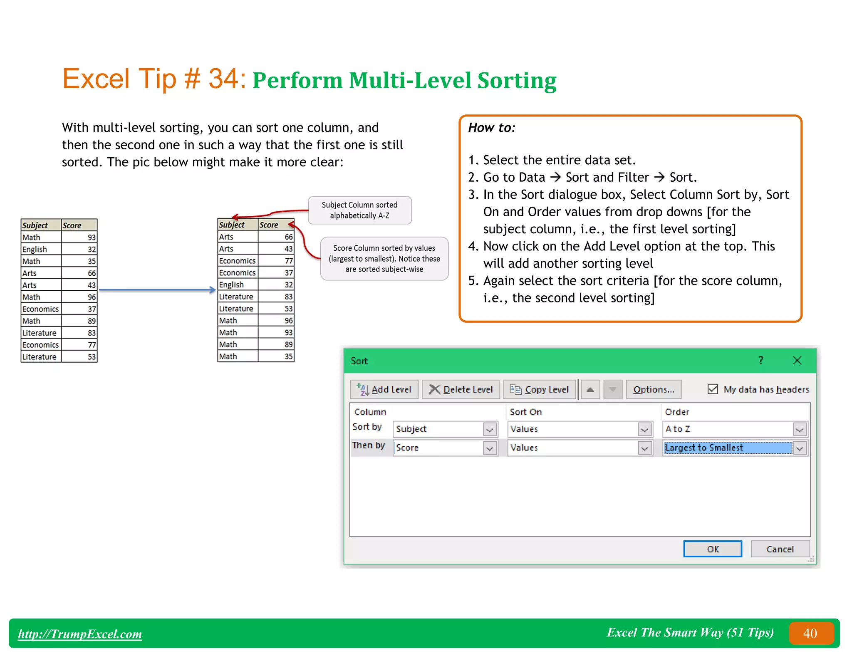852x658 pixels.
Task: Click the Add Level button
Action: [384, 389]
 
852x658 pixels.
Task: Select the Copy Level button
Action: [540, 389]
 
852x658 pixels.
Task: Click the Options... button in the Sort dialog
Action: [653, 389]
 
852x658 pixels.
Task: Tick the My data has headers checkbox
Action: [713, 389]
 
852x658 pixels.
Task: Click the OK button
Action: [712, 549]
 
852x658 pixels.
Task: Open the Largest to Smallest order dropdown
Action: [800, 448]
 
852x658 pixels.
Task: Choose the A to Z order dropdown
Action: [800, 429]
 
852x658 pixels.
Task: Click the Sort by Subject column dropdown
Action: [490, 429]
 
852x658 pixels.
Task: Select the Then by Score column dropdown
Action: [490, 448]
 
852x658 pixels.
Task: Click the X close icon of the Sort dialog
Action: [797, 360]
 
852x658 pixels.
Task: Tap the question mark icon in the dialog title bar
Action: [760, 360]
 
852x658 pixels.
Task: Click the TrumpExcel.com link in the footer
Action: [80, 633]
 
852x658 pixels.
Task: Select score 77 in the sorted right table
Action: [288, 261]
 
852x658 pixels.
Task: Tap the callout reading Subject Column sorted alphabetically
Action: [359, 210]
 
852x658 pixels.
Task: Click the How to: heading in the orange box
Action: [492, 128]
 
